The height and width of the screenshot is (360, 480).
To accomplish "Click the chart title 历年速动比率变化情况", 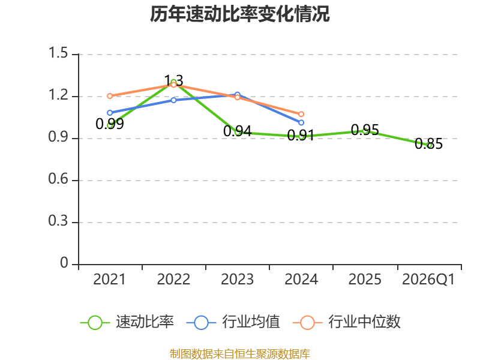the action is pyautogui.click(x=239, y=14).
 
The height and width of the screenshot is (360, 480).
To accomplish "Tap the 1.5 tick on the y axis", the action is pyautogui.click(x=58, y=53).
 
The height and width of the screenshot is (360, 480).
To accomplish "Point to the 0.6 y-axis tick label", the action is pyautogui.click(x=58, y=179).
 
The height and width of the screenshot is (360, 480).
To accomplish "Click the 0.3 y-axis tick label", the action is pyautogui.click(x=58, y=221).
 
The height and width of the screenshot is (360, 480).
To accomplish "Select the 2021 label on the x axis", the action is pyautogui.click(x=110, y=280).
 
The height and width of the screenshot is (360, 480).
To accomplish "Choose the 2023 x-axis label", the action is pyautogui.click(x=237, y=280).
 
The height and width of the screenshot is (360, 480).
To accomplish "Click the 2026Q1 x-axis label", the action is pyautogui.click(x=428, y=280).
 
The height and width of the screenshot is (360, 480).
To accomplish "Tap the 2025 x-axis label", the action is pyautogui.click(x=365, y=280).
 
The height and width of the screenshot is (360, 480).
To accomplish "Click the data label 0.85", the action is pyautogui.click(x=428, y=144).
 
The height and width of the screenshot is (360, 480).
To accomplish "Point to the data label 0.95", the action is pyautogui.click(x=365, y=130).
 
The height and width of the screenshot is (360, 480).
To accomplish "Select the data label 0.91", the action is pyautogui.click(x=301, y=136).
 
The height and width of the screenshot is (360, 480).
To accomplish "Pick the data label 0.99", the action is pyautogui.click(x=110, y=124).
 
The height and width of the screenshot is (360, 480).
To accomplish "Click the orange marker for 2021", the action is pyautogui.click(x=110, y=96).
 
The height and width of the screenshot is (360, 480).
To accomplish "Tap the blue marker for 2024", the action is pyautogui.click(x=301, y=123).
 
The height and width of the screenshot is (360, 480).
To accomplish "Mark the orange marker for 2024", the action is pyautogui.click(x=301, y=114).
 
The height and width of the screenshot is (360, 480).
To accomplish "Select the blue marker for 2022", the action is pyautogui.click(x=173, y=100).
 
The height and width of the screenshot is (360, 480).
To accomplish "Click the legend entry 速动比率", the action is pyautogui.click(x=127, y=322).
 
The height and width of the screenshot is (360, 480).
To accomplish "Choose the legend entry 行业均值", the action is pyautogui.click(x=233, y=322).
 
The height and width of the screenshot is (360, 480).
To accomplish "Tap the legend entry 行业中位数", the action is pyautogui.click(x=347, y=322).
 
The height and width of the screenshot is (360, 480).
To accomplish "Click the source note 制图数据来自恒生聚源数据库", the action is pyautogui.click(x=240, y=354).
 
